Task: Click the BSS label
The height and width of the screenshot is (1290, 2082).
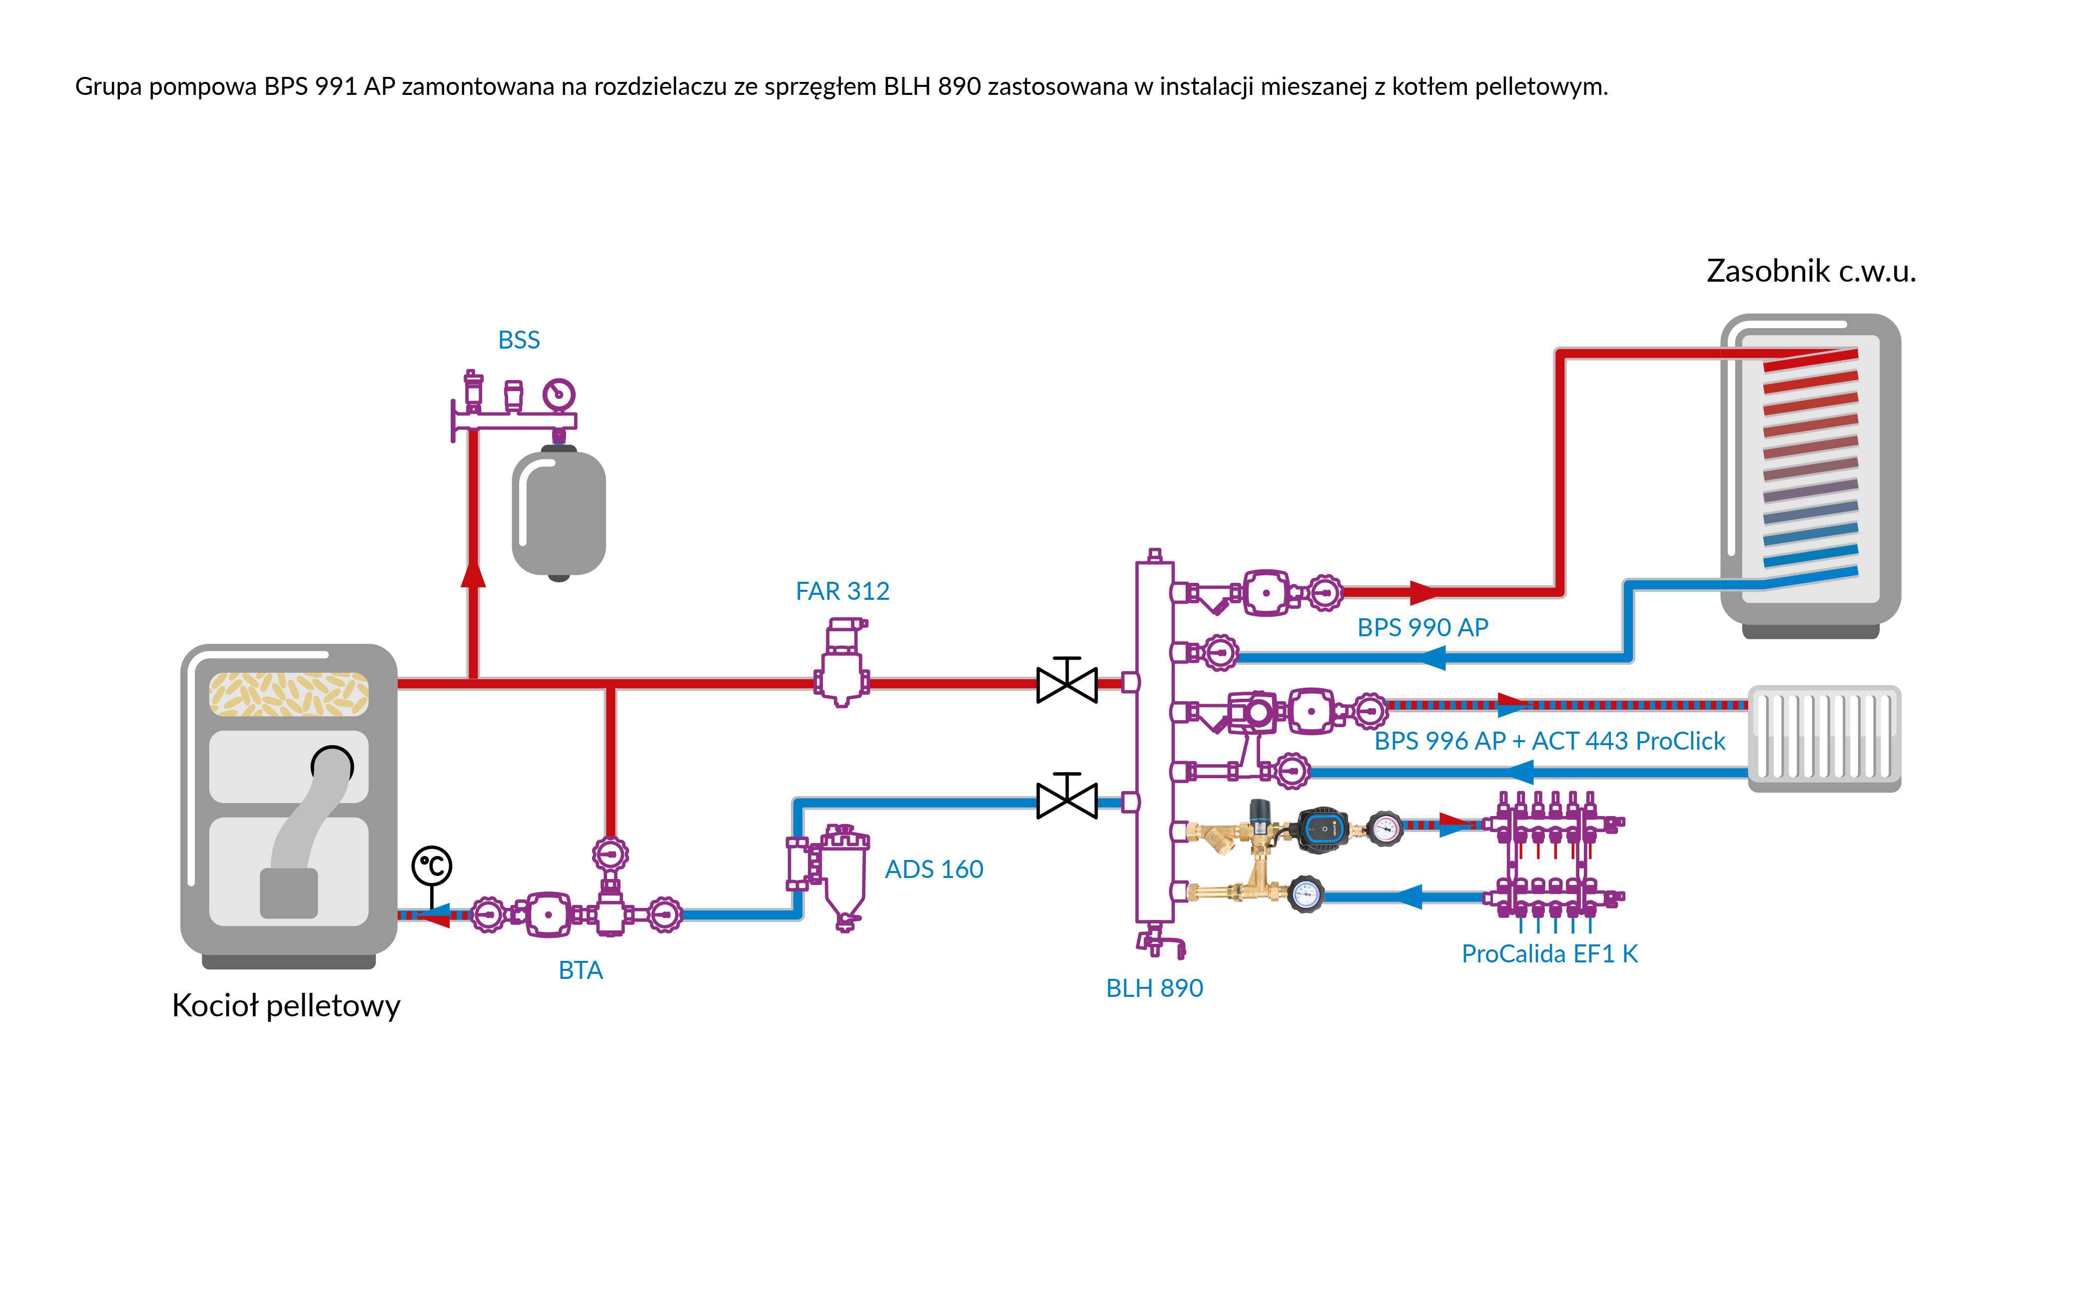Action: click(519, 341)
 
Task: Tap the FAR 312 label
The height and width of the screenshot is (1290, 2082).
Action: click(842, 591)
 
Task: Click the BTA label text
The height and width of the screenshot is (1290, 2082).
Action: click(580, 970)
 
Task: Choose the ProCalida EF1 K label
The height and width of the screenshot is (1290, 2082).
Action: click(1549, 954)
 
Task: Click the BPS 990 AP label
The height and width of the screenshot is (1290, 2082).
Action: click(1422, 628)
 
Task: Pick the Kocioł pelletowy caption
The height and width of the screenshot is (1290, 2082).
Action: click(286, 1006)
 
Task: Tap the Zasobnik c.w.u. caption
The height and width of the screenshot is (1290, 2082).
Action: click(1811, 271)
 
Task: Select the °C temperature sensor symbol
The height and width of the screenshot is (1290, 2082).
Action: click(432, 866)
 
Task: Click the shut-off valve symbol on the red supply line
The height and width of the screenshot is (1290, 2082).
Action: click(1067, 683)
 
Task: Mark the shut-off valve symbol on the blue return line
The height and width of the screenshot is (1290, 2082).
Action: click(1067, 800)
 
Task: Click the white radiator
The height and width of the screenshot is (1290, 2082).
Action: click(1824, 738)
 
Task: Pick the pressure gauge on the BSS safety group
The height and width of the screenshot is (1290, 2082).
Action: click(559, 394)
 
